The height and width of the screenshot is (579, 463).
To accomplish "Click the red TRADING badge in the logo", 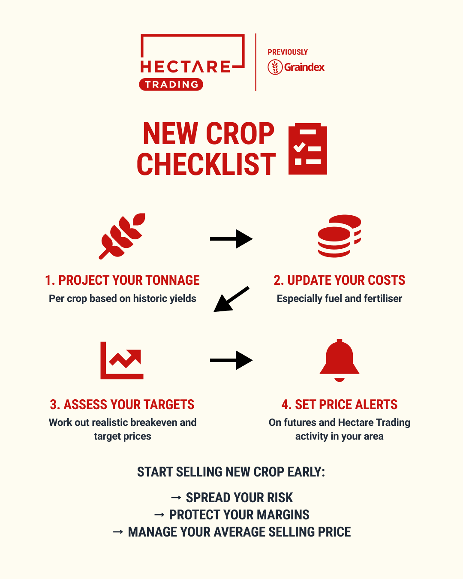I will (171, 84).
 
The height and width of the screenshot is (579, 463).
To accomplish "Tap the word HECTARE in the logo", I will (185, 67).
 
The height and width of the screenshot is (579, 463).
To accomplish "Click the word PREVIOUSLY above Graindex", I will (288, 52).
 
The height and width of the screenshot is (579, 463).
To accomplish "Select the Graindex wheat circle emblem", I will (275, 67).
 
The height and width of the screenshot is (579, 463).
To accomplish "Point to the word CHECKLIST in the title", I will (206, 165).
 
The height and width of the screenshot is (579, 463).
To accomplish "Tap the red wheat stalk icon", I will (122, 236).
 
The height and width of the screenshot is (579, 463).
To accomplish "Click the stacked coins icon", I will (339, 236).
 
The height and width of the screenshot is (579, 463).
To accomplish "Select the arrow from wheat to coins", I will (231, 239).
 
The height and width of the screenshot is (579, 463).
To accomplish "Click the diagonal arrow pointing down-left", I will (231, 299).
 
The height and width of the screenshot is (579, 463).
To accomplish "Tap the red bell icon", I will (339, 360).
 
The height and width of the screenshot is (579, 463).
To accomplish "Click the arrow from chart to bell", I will (231, 360).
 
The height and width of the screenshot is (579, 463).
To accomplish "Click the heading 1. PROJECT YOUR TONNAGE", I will (122, 280).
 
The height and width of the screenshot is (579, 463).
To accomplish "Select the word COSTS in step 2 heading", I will (386, 280).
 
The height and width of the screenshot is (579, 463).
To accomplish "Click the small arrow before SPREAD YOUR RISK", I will (176, 498).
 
